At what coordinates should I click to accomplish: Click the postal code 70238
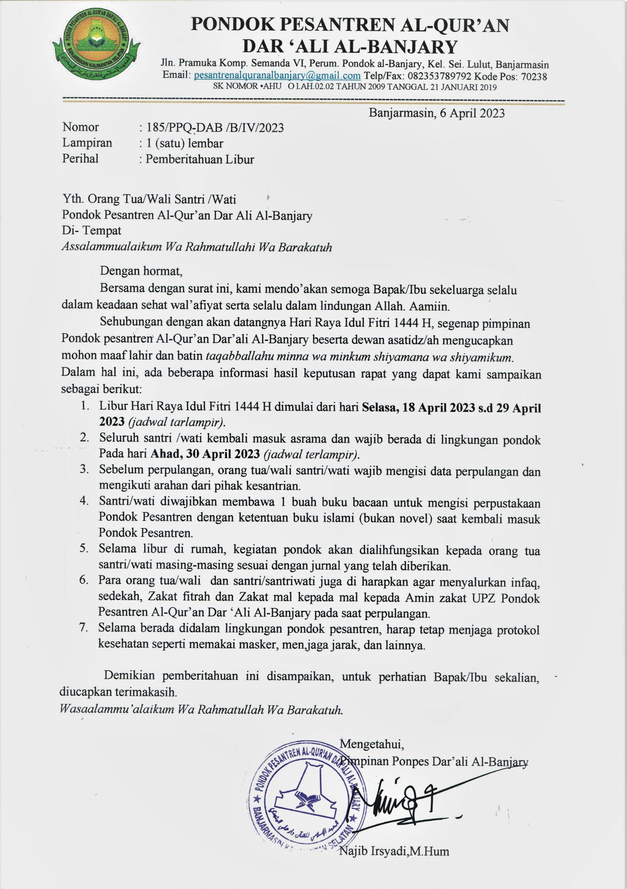point(534,76)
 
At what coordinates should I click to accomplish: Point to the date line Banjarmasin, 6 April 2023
point(436,113)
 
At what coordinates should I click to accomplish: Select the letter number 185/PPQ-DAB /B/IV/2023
point(215,127)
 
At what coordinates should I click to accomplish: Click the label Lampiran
point(87,143)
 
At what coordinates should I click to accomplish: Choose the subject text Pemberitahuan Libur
point(199,159)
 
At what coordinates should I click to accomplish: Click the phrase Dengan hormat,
point(141,271)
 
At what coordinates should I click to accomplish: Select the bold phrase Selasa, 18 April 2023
point(418,408)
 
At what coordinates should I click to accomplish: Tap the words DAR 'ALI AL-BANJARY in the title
point(350,47)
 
